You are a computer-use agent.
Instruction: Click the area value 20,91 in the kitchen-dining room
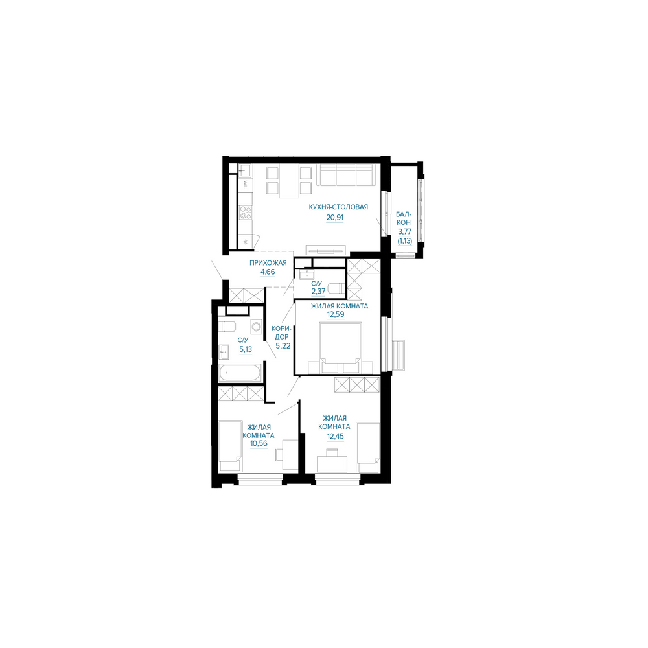tap(335, 217)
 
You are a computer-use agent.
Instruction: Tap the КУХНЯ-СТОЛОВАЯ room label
tap(338, 207)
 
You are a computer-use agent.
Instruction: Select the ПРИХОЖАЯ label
tap(268, 263)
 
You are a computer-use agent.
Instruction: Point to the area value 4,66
tap(268, 272)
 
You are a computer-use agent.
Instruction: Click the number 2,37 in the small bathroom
tap(318, 291)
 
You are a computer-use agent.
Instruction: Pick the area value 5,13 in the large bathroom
tap(246, 349)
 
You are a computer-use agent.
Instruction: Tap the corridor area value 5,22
tap(283, 346)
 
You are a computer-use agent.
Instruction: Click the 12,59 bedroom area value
tap(336, 314)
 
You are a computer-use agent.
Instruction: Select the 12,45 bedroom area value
tap(335, 436)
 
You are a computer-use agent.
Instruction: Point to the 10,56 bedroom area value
tap(259, 443)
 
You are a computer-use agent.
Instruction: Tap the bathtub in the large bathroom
tap(240, 373)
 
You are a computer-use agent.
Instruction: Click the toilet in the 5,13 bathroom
tap(227, 327)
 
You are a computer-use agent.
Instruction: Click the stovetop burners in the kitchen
tap(246, 213)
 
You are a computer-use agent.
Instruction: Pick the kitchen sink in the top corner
tap(244, 170)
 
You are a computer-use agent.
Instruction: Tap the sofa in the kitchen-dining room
tap(346, 175)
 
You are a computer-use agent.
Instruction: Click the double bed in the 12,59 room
tap(341, 347)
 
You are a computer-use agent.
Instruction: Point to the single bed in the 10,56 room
tap(230, 446)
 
